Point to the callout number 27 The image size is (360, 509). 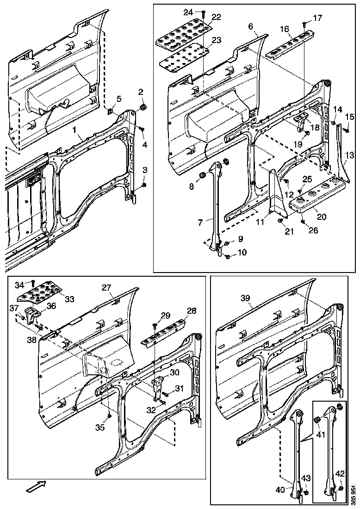107,288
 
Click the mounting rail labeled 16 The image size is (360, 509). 290,44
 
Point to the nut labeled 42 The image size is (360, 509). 340,488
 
